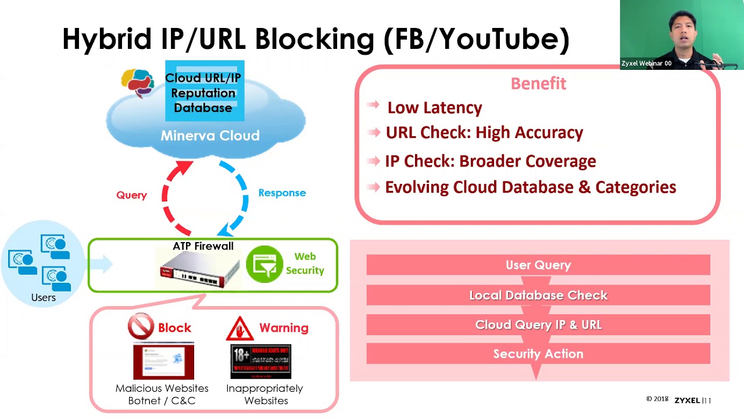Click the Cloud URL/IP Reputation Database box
pos(205,92)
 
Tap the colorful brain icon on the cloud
pos(138,83)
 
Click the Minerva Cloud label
pos(210,136)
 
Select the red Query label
pos(131,195)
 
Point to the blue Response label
pos(282,193)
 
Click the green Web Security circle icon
pos(264,264)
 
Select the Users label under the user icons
pos(44,297)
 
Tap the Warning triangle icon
pos(239,329)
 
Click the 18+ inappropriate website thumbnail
pos(261,361)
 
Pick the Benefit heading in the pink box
pos(538,84)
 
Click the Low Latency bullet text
pos(434,108)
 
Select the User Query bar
pos(538,265)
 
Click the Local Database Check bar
pos(538,295)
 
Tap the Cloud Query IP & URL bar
pos(538,325)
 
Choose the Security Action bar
pos(538,354)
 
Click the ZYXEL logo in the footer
pos(687,400)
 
